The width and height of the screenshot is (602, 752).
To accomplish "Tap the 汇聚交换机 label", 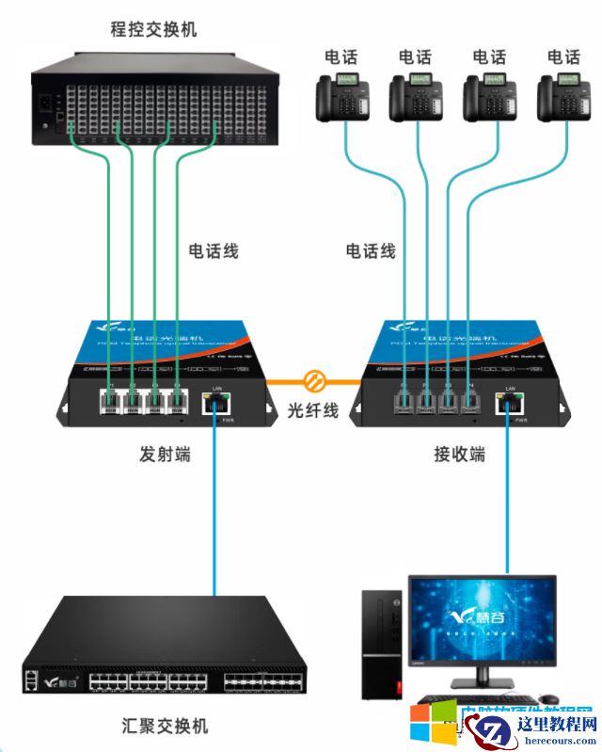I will pyautogui.click(x=166, y=726).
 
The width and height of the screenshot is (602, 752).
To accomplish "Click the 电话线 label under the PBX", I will pyautogui.click(x=214, y=251).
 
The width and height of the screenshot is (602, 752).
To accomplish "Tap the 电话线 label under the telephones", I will pyautogui.click(x=371, y=251).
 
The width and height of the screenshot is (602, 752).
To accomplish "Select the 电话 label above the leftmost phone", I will pyautogui.click(x=340, y=56).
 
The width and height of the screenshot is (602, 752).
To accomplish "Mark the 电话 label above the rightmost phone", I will pyautogui.click(x=563, y=56).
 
